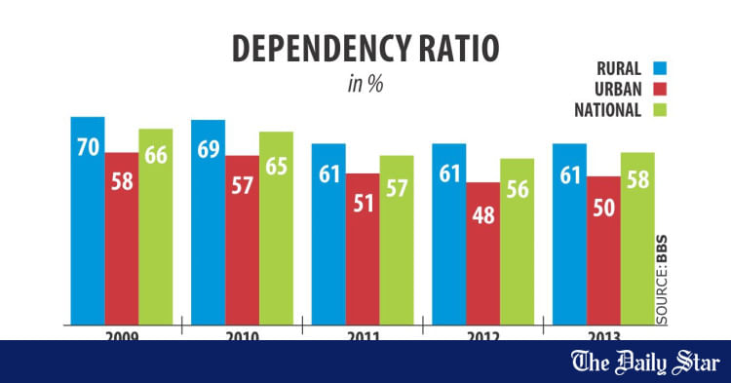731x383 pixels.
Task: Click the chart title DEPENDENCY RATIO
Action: [365, 49]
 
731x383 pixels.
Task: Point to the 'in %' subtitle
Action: [365, 85]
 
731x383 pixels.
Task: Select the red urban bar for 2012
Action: [482, 252]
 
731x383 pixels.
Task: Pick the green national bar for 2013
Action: [636, 238]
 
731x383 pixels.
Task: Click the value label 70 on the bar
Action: [87, 149]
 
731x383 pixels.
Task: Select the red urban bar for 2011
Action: [363, 249]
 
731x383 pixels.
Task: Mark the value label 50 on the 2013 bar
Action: [603, 211]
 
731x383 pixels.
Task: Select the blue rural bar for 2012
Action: [449, 233]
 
